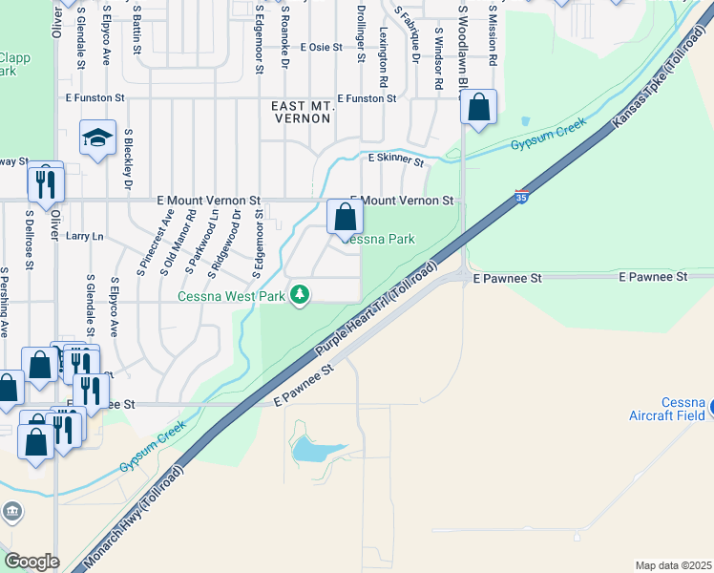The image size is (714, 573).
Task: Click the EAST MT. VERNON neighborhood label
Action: (301, 112)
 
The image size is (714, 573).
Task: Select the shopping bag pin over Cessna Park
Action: (345, 218)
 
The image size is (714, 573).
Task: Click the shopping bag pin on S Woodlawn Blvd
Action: (479, 109)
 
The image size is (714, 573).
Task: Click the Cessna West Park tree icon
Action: (301, 294)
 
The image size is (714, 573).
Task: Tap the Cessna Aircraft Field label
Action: (667, 409)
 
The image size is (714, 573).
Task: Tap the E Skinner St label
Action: (395, 159)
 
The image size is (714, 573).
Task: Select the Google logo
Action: (32, 561)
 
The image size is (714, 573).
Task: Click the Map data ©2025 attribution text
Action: (672, 565)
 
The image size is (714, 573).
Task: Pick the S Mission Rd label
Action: (493, 34)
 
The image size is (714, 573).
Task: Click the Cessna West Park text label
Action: (232, 296)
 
